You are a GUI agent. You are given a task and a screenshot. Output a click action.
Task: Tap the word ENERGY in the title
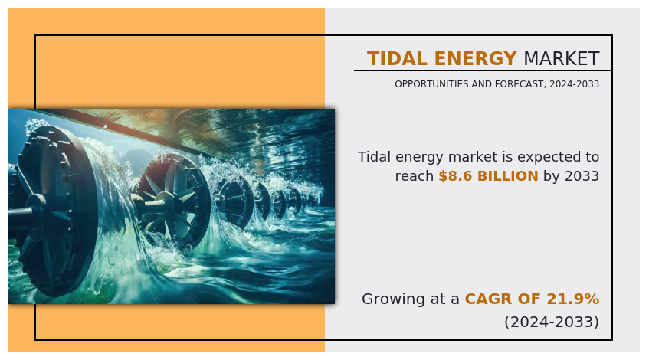476,58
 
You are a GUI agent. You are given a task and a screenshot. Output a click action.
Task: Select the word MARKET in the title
561,58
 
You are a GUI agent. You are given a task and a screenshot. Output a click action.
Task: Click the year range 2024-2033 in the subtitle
575,84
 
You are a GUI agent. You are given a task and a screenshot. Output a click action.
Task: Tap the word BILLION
508,176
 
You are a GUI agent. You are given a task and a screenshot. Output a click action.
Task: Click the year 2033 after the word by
582,176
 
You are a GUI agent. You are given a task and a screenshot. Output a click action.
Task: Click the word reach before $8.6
415,176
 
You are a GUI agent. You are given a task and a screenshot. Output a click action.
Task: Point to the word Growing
393,299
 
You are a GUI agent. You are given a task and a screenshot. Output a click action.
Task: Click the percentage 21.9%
573,299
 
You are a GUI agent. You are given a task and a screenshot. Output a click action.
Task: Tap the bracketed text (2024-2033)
552,322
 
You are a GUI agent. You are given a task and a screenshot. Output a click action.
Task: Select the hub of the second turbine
166,201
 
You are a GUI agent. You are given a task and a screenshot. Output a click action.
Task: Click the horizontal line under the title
483,71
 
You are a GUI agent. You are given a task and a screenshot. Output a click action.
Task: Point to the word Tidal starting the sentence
374,157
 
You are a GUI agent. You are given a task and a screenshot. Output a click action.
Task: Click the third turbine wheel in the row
234,201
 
